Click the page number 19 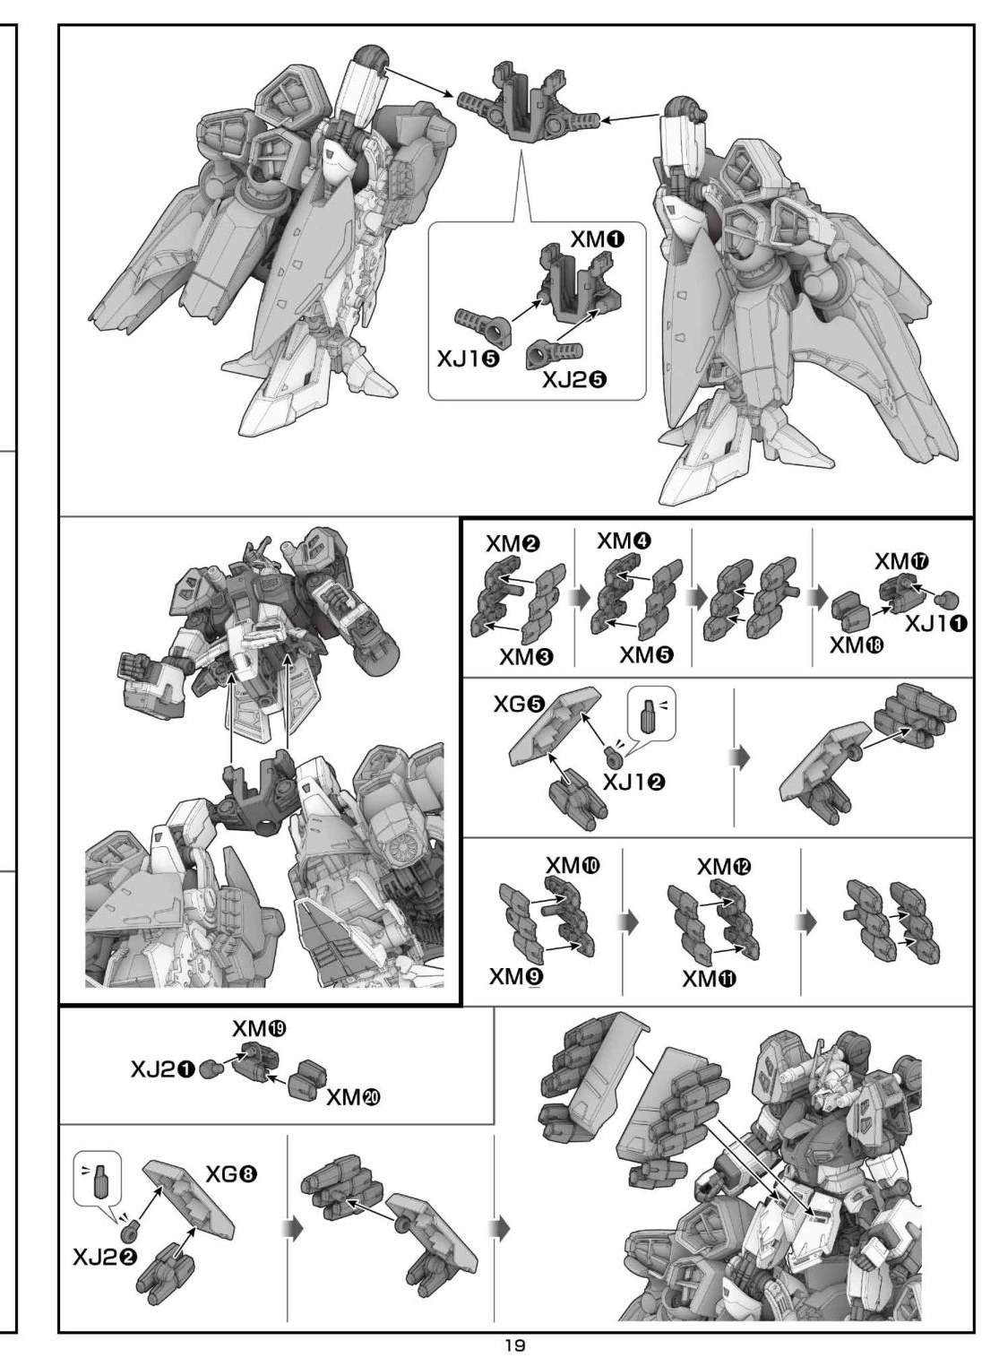click(515, 1345)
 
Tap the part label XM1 click(598, 241)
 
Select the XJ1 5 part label click(469, 359)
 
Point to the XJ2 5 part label click(574, 380)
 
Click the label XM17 click(902, 562)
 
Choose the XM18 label click(857, 645)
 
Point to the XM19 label click(259, 1028)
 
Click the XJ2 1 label click(163, 1070)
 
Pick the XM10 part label click(573, 865)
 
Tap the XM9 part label click(516, 977)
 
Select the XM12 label click(724, 868)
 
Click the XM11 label click(710, 978)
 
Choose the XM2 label click(513, 544)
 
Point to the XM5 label click(647, 654)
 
